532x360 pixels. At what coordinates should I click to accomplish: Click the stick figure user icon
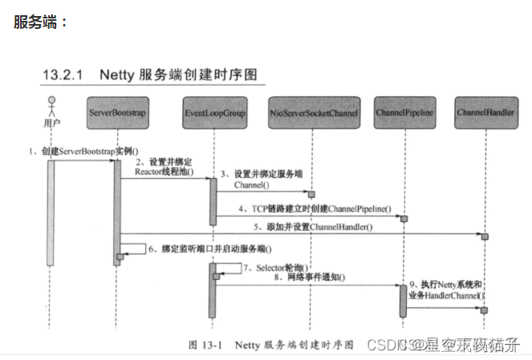coord(51,107)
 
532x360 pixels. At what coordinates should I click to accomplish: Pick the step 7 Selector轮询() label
coord(276,266)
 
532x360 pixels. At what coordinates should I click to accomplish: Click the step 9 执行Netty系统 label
coord(446,289)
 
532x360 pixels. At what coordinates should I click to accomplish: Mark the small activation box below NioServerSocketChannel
coord(312,194)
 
